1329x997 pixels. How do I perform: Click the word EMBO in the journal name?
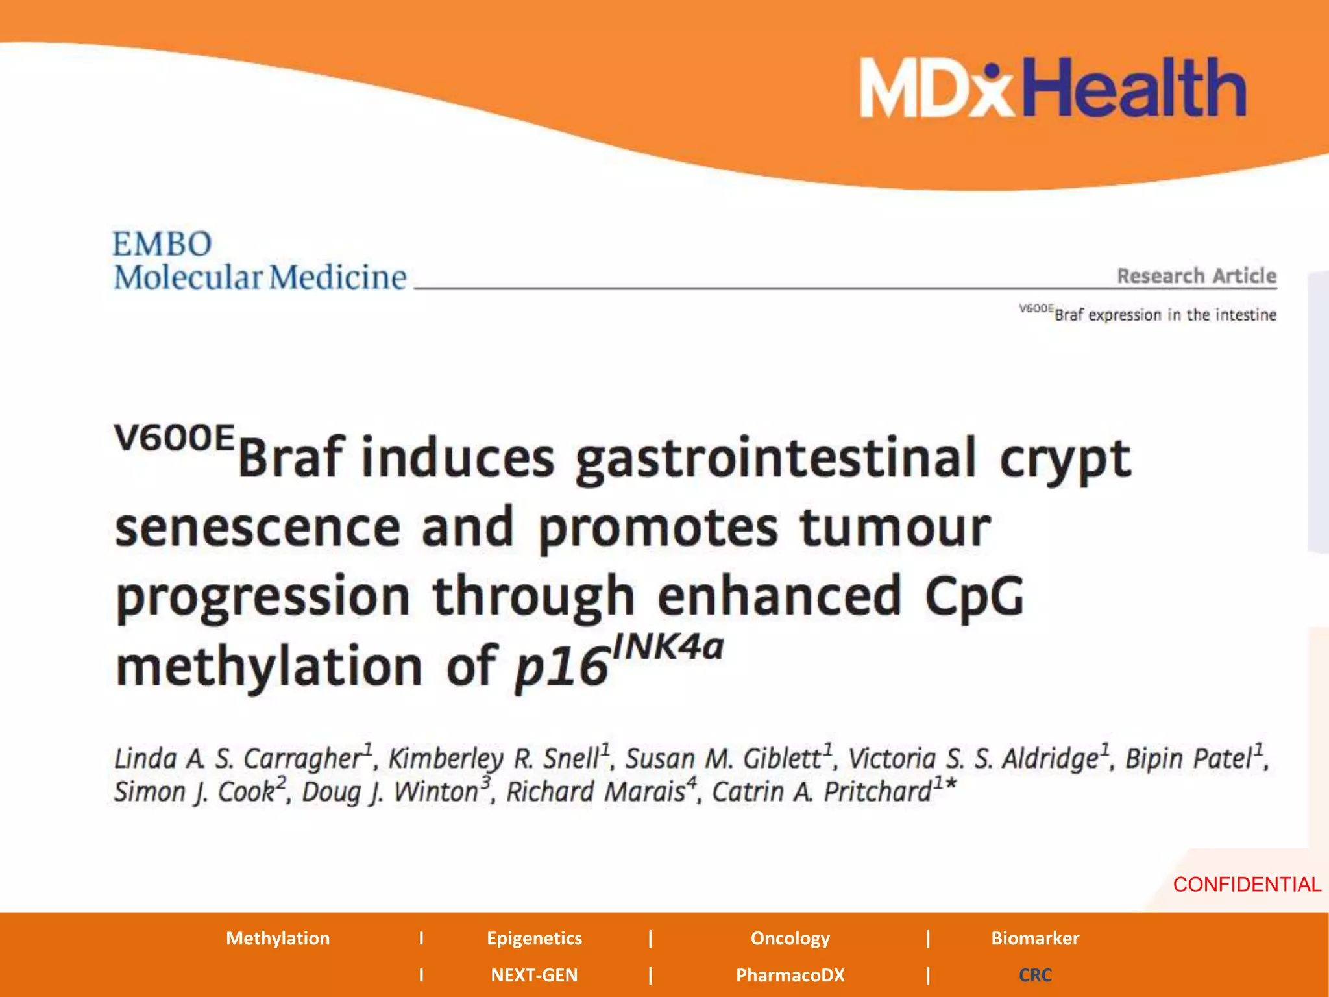pyautogui.click(x=162, y=245)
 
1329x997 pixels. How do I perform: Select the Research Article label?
pyautogui.click(x=1196, y=276)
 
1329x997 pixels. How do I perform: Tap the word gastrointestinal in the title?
pyautogui.click(x=775, y=459)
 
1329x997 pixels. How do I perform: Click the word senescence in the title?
pyautogui.click(x=258, y=528)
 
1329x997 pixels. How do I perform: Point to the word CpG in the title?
pyautogui.click(x=973, y=596)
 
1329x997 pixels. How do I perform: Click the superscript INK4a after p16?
pyautogui.click(x=668, y=646)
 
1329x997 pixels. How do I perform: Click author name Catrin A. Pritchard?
pyautogui.click(x=823, y=792)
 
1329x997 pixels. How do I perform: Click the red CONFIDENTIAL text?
pyautogui.click(x=1247, y=884)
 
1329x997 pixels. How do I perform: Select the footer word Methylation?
pyautogui.click(x=278, y=938)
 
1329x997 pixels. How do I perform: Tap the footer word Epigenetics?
pyautogui.click(x=534, y=938)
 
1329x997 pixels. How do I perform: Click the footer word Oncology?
pyautogui.click(x=790, y=938)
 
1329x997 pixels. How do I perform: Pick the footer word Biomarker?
pyautogui.click(x=1034, y=938)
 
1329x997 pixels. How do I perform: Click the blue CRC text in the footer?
pyautogui.click(x=1034, y=975)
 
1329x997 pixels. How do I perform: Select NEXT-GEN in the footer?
pyautogui.click(x=534, y=975)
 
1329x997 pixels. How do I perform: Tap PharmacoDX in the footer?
pyautogui.click(x=790, y=975)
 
